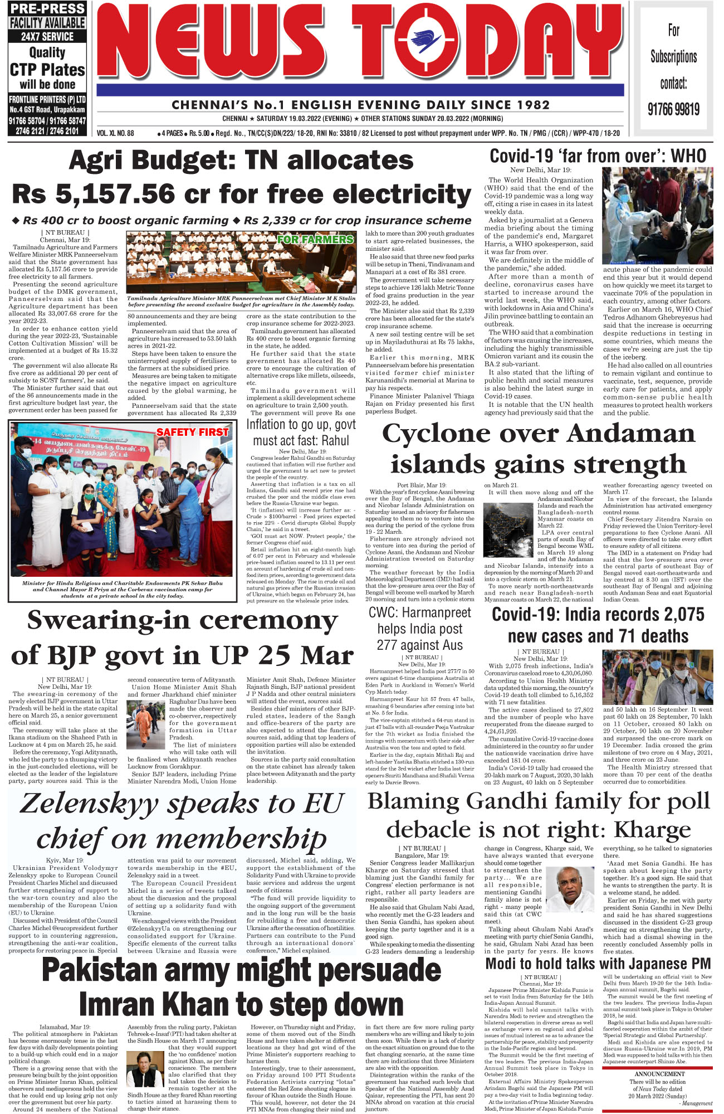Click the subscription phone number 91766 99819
[x=673, y=109]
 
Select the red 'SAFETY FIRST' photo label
[x=192, y=432]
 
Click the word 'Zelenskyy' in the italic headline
[x=89, y=804]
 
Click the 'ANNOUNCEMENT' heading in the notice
[x=659, y=1073]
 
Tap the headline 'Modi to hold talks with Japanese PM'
[x=598, y=964]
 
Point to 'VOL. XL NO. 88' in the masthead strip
[x=116, y=133]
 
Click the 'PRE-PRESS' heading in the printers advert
[x=47, y=9]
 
